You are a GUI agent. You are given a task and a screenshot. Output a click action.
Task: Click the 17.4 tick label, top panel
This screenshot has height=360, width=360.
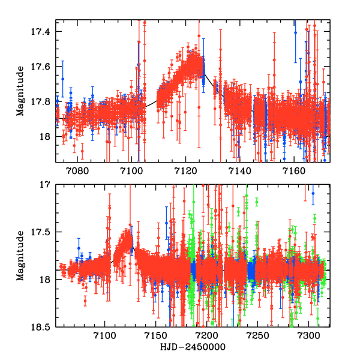coord(44,31)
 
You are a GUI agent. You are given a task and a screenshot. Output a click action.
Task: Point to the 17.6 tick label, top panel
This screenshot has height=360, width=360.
coord(44,66)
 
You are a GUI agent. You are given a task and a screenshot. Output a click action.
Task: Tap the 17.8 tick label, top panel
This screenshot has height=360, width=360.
coord(44,101)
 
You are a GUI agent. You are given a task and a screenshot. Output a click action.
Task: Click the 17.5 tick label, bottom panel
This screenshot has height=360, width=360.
coord(44,232)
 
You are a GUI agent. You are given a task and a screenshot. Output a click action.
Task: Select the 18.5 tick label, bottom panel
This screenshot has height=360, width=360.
coord(44,327)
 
